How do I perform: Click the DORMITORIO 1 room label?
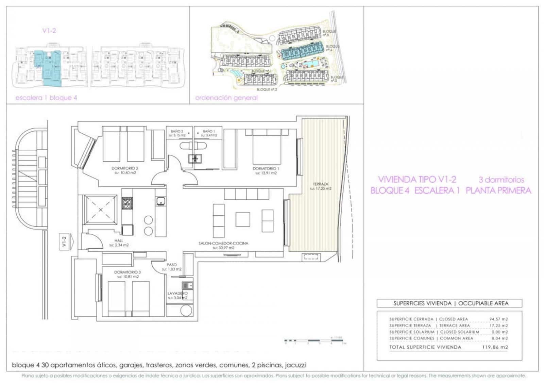pyautogui.click(x=266, y=168)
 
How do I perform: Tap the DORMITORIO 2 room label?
pyautogui.click(x=124, y=168)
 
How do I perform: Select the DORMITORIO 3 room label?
pyautogui.click(x=128, y=272)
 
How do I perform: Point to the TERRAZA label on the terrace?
pyautogui.click(x=320, y=184)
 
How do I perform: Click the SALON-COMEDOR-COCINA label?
pyautogui.click(x=223, y=244)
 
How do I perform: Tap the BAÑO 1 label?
pyautogui.click(x=209, y=131)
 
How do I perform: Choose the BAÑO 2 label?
pyautogui.click(x=177, y=131)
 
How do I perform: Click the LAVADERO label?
pyautogui.click(x=177, y=293)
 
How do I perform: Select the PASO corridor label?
pyautogui.click(x=172, y=265)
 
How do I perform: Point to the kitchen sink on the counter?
pyautogui.click(x=160, y=201)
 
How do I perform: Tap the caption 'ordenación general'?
pyautogui.click(x=226, y=98)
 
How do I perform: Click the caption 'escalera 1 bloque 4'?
pyautogui.click(x=46, y=98)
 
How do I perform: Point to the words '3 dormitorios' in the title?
pyautogui.click(x=501, y=180)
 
